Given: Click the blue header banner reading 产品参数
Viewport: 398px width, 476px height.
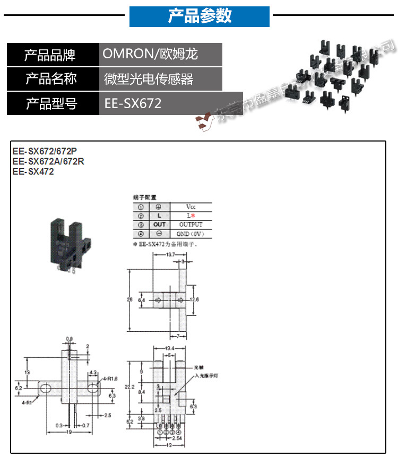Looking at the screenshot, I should (200, 16).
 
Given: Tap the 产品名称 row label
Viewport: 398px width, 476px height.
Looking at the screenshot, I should (52, 79).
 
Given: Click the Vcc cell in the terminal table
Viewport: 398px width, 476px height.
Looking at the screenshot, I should (191, 207).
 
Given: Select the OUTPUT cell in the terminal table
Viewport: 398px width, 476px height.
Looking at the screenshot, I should (191, 225).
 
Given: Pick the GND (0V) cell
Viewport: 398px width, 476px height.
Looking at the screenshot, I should (191, 234).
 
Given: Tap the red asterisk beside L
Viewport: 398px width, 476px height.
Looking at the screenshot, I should (194, 216).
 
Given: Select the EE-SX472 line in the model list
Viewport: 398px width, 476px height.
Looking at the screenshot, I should (33, 172).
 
